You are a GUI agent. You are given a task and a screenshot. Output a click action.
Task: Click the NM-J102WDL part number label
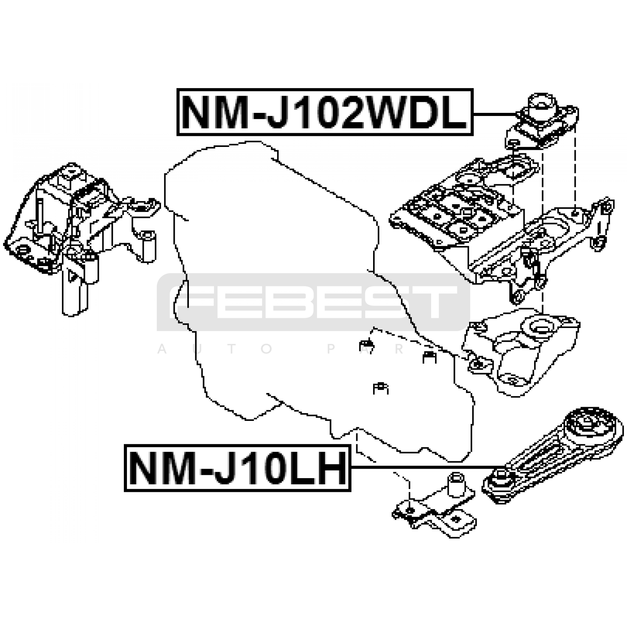click(x=325, y=112)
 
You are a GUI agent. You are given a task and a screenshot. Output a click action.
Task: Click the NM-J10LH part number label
click(x=237, y=468)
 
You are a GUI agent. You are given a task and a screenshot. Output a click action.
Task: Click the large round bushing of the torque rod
click(x=592, y=427)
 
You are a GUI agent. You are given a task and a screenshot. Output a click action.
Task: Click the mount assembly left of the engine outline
click(x=78, y=227)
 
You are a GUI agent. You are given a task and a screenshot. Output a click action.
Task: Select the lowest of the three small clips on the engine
click(x=381, y=388)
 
